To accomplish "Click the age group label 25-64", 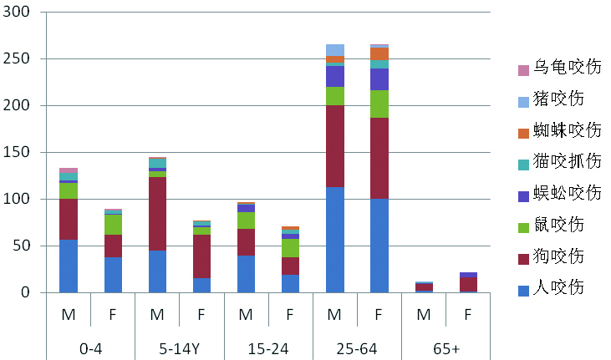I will (x=357, y=346).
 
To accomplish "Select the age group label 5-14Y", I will (x=179, y=346).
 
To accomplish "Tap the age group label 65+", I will (x=446, y=346).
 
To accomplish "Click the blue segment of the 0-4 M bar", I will (x=69, y=266).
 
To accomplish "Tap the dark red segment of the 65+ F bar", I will (x=468, y=284).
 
